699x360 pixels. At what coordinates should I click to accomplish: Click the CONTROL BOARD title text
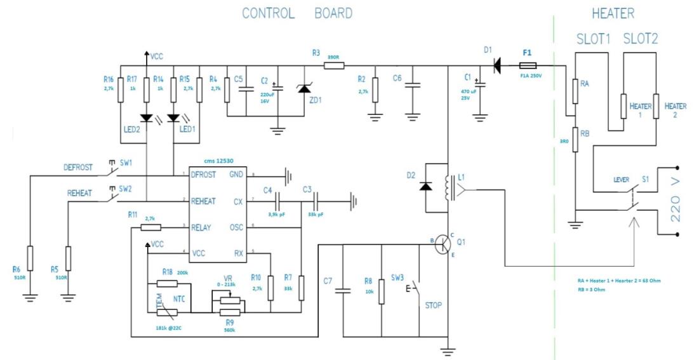click(x=297, y=13)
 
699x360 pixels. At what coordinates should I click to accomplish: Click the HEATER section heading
click(x=613, y=13)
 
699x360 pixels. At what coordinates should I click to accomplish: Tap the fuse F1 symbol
click(x=529, y=65)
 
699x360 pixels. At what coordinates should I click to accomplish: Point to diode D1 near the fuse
click(x=497, y=65)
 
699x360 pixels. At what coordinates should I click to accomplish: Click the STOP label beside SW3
click(x=434, y=305)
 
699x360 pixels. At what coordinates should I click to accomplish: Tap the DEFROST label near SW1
click(x=77, y=168)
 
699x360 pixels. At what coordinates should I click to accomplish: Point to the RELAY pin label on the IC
click(x=202, y=227)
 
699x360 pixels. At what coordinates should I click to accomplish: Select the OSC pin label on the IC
click(x=237, y=227)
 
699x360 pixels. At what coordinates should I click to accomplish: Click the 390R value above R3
click(x=333, y=57)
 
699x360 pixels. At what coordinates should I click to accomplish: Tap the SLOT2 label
click(x=641, y=39)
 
